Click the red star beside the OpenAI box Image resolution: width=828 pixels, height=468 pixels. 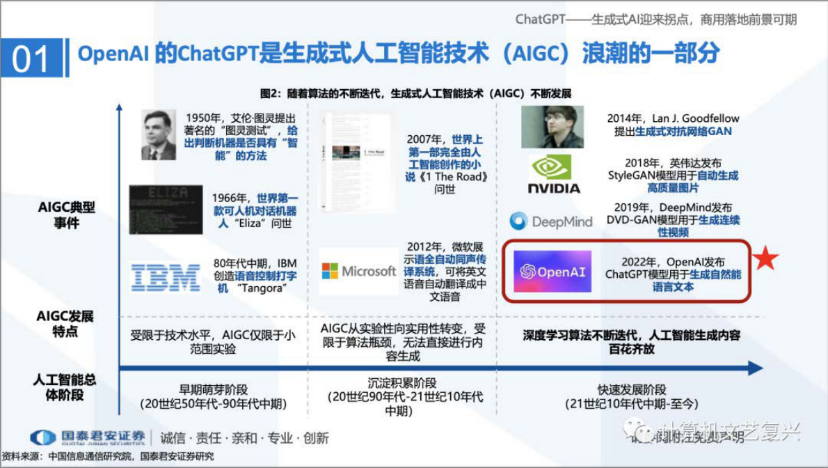pos(765,258)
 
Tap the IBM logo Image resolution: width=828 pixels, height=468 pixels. pos(166,277)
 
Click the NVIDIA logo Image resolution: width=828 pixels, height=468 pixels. pos(554,174)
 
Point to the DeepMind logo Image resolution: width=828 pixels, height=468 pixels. pos(551,221)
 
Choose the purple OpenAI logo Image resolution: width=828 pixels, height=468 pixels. pos(552,272)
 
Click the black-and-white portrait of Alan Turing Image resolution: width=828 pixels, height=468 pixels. pos(159,134)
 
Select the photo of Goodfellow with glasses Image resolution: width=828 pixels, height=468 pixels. pos(552,127)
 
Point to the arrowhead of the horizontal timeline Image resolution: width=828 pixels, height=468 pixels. pos(756,368)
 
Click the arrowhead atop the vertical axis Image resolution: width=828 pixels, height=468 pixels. pos(119,109)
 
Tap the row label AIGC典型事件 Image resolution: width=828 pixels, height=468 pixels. pos(66,215)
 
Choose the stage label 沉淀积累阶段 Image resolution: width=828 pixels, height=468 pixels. pos(402,382)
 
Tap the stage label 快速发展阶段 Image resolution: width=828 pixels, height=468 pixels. pos(632,390)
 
